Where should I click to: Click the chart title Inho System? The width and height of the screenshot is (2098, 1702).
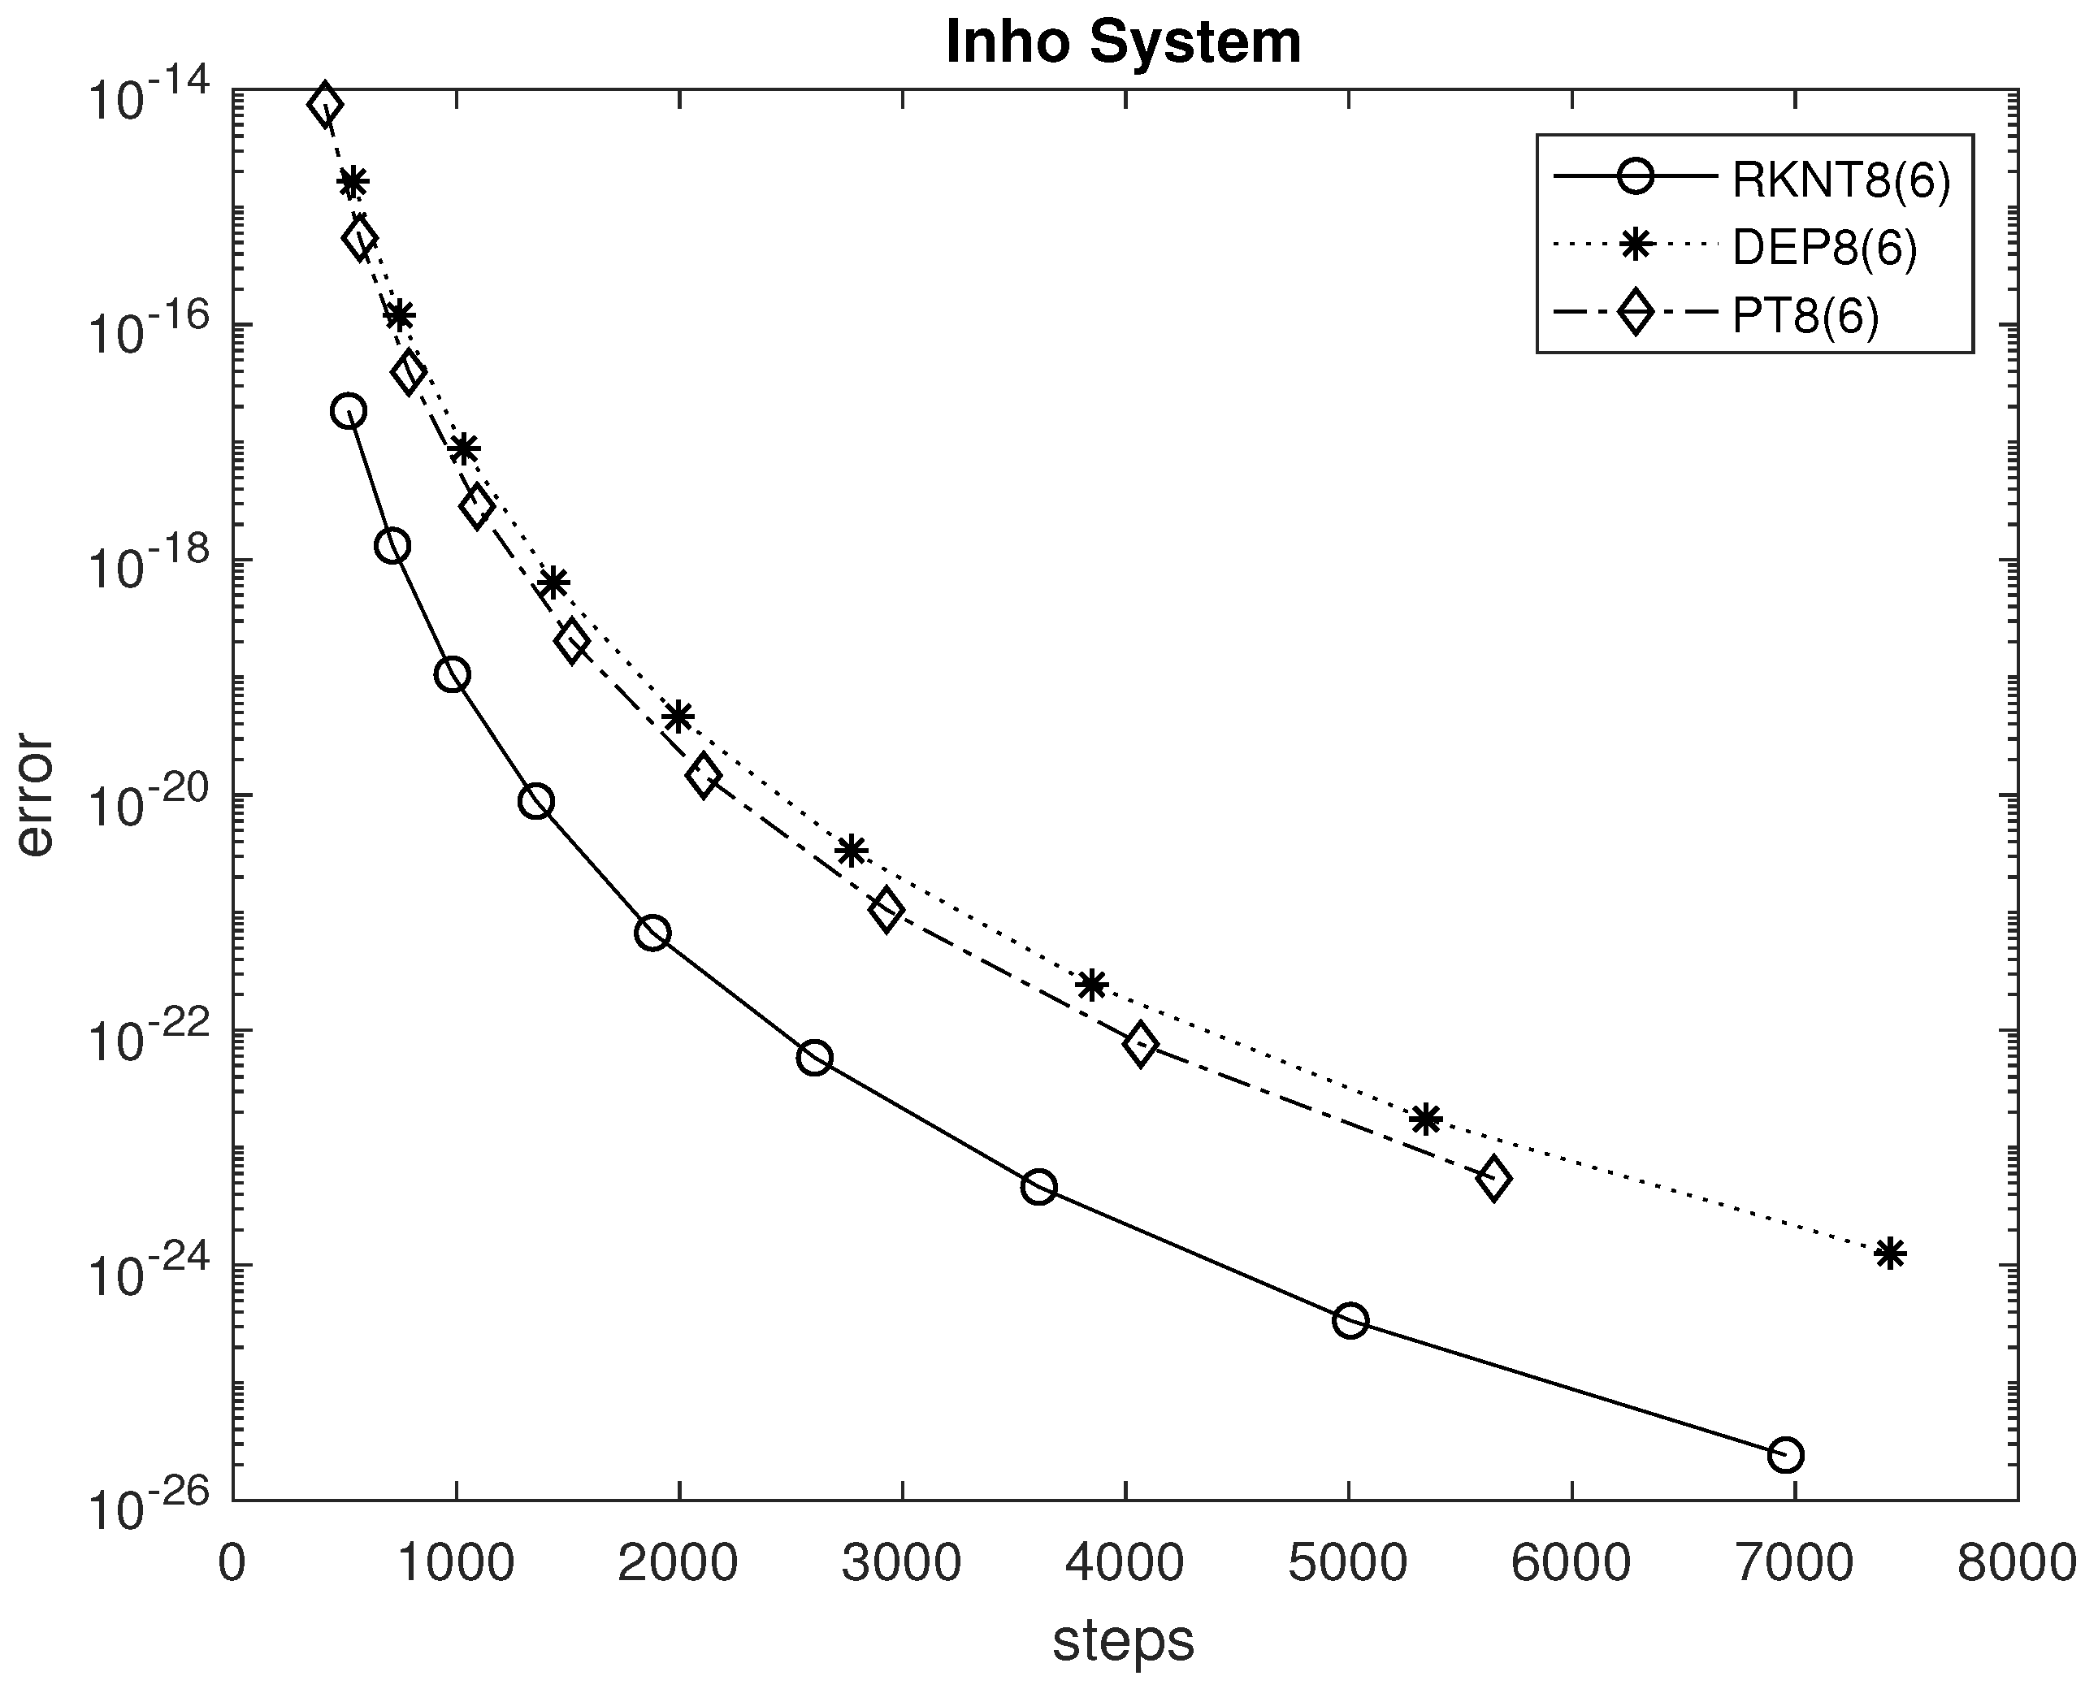[x=1124, y=43]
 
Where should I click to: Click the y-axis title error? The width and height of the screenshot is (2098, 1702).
[x=35, y=795]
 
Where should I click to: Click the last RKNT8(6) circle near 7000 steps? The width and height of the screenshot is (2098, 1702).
[x=1785, y=1455]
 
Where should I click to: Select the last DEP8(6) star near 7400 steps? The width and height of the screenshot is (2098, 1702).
[x=1890, y=1253]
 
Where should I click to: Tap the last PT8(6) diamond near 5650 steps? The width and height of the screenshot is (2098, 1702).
[x=1493, y=1179]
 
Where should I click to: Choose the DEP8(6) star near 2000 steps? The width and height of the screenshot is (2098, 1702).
[x=678, y=717]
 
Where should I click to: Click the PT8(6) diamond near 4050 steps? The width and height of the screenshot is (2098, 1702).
[x=1140, y=1044]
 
